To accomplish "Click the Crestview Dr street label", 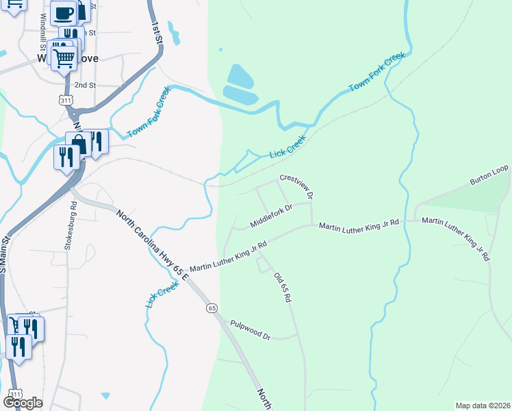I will pyautogui.click(x=296, y=186).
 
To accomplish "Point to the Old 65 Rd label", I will pyautogui.click(x=283, y=288).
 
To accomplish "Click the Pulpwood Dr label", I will pyautogui.click(x=251, y=330).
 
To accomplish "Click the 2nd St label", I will pyautogui.click(x=85, y=85).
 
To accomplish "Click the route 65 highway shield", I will pyautogui.click(x=212, y=308).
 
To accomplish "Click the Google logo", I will pyautogui.click(x=23, y=403).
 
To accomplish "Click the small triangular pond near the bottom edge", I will pyautogui.click(x=105, y=395).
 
